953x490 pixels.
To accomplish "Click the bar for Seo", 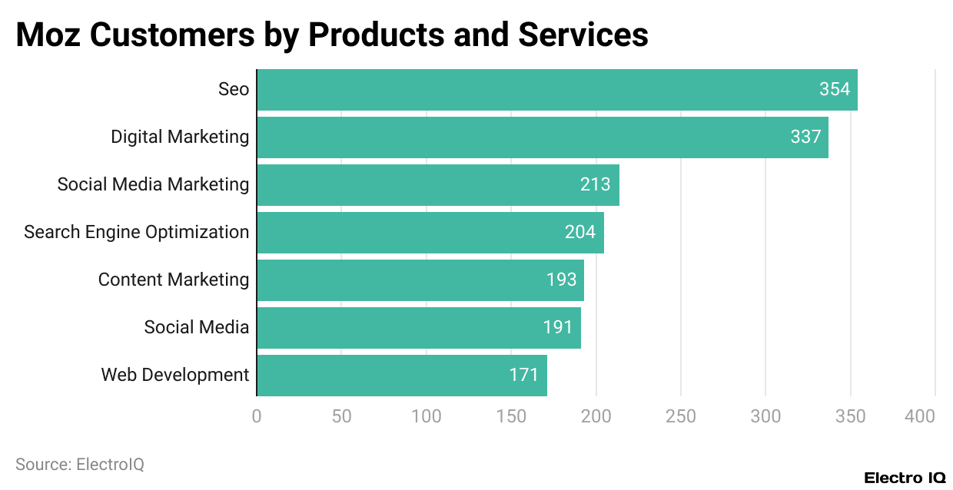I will tap(556, 90).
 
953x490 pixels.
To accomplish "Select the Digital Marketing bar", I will tap(542, 137).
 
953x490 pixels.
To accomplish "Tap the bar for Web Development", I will tap(401, 376).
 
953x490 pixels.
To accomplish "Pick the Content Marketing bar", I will tap(420, 280).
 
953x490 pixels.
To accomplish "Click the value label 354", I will tap(835, 90).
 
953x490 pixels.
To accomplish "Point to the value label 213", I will tap(596, 185).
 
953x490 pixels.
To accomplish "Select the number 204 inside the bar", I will tap(580, 233).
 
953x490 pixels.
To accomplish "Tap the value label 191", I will tap(558, 328).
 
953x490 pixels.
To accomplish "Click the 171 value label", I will tap(524, 376).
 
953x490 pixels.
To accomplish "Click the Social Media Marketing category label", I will tap(153, 185).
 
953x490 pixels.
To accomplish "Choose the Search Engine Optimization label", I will tap(136, 233).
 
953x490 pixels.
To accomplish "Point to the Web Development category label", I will tap(175, 376).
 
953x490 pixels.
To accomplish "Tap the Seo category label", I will tap(234, 90).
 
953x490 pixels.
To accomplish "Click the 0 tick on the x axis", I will tap(257, 416).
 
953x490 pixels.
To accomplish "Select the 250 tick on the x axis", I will tap(681, 416).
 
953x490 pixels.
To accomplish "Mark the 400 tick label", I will tap(920, 416).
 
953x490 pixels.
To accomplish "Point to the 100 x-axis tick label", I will tap(427, 416).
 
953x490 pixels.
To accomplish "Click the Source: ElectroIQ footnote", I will tap(80, 465).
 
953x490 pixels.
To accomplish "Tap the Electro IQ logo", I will tap(905, 478).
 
